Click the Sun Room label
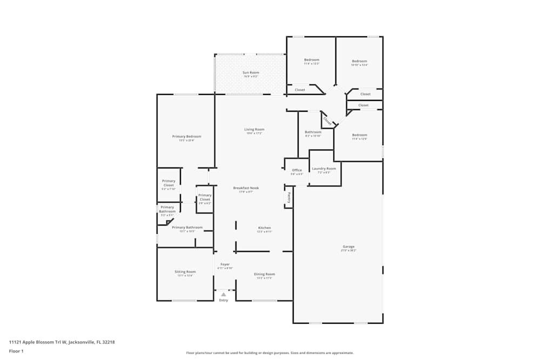[x=251, y=72]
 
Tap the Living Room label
[x=254, y=129]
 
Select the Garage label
[x=348, y=247]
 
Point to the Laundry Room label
[x=324, y=168]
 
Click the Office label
[x=296, y=170]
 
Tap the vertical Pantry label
[x=289, y=197]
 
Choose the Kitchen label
[x=264, y=228]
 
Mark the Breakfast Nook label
[x=246, y=188]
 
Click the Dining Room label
[x=264, y=274]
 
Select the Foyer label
[x=225, y=264]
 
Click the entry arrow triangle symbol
[x=224, y=294]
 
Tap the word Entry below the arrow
[x=224, y=300]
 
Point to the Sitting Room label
[x=185, y=272]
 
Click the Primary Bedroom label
[x=186, y=137]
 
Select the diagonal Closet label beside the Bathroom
[x=326, y=120]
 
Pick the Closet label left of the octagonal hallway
[x=300, y=90]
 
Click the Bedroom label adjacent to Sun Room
[x=312, y=60]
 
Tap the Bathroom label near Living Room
[x=313, y=132]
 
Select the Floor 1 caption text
[x=16, y=351]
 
